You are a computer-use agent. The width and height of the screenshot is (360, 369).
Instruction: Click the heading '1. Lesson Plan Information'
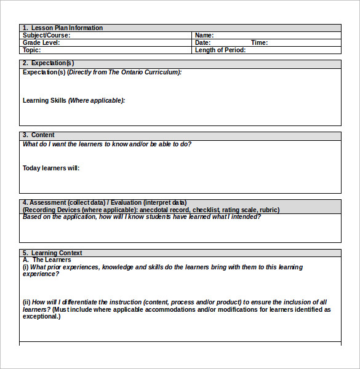62,28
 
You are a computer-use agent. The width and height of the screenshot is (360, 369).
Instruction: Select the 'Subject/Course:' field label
46,35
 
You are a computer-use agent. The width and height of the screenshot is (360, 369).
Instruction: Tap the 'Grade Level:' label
41,42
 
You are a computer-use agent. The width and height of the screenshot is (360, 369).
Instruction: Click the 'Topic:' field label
32,50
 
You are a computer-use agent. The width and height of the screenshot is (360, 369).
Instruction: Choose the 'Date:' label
202,42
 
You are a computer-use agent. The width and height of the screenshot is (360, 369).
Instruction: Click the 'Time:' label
259,42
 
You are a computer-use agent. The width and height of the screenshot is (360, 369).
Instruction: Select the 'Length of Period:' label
220,50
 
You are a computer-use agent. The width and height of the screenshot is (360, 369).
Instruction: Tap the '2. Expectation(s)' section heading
48,63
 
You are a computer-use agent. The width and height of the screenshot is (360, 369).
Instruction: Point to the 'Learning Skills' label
44,100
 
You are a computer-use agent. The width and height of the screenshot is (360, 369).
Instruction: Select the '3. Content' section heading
38,135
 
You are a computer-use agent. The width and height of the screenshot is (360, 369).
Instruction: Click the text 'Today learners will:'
51,168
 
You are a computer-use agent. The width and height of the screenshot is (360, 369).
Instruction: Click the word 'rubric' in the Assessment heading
269,210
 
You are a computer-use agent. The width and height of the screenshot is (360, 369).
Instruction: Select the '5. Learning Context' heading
52,253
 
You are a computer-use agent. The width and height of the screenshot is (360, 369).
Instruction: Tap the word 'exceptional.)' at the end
41,316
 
